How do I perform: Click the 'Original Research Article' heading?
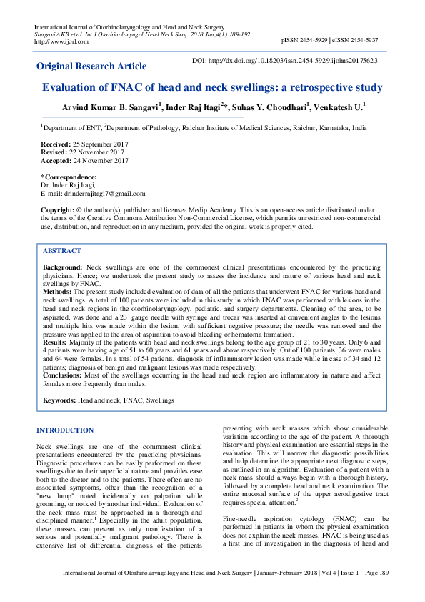point(91,66)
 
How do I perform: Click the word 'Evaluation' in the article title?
point(73,88)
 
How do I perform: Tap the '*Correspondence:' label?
point(69,177)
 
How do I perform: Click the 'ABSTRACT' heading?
point(62,252)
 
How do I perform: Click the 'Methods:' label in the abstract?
point(58,292)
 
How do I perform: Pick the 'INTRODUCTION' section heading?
point(64,430)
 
